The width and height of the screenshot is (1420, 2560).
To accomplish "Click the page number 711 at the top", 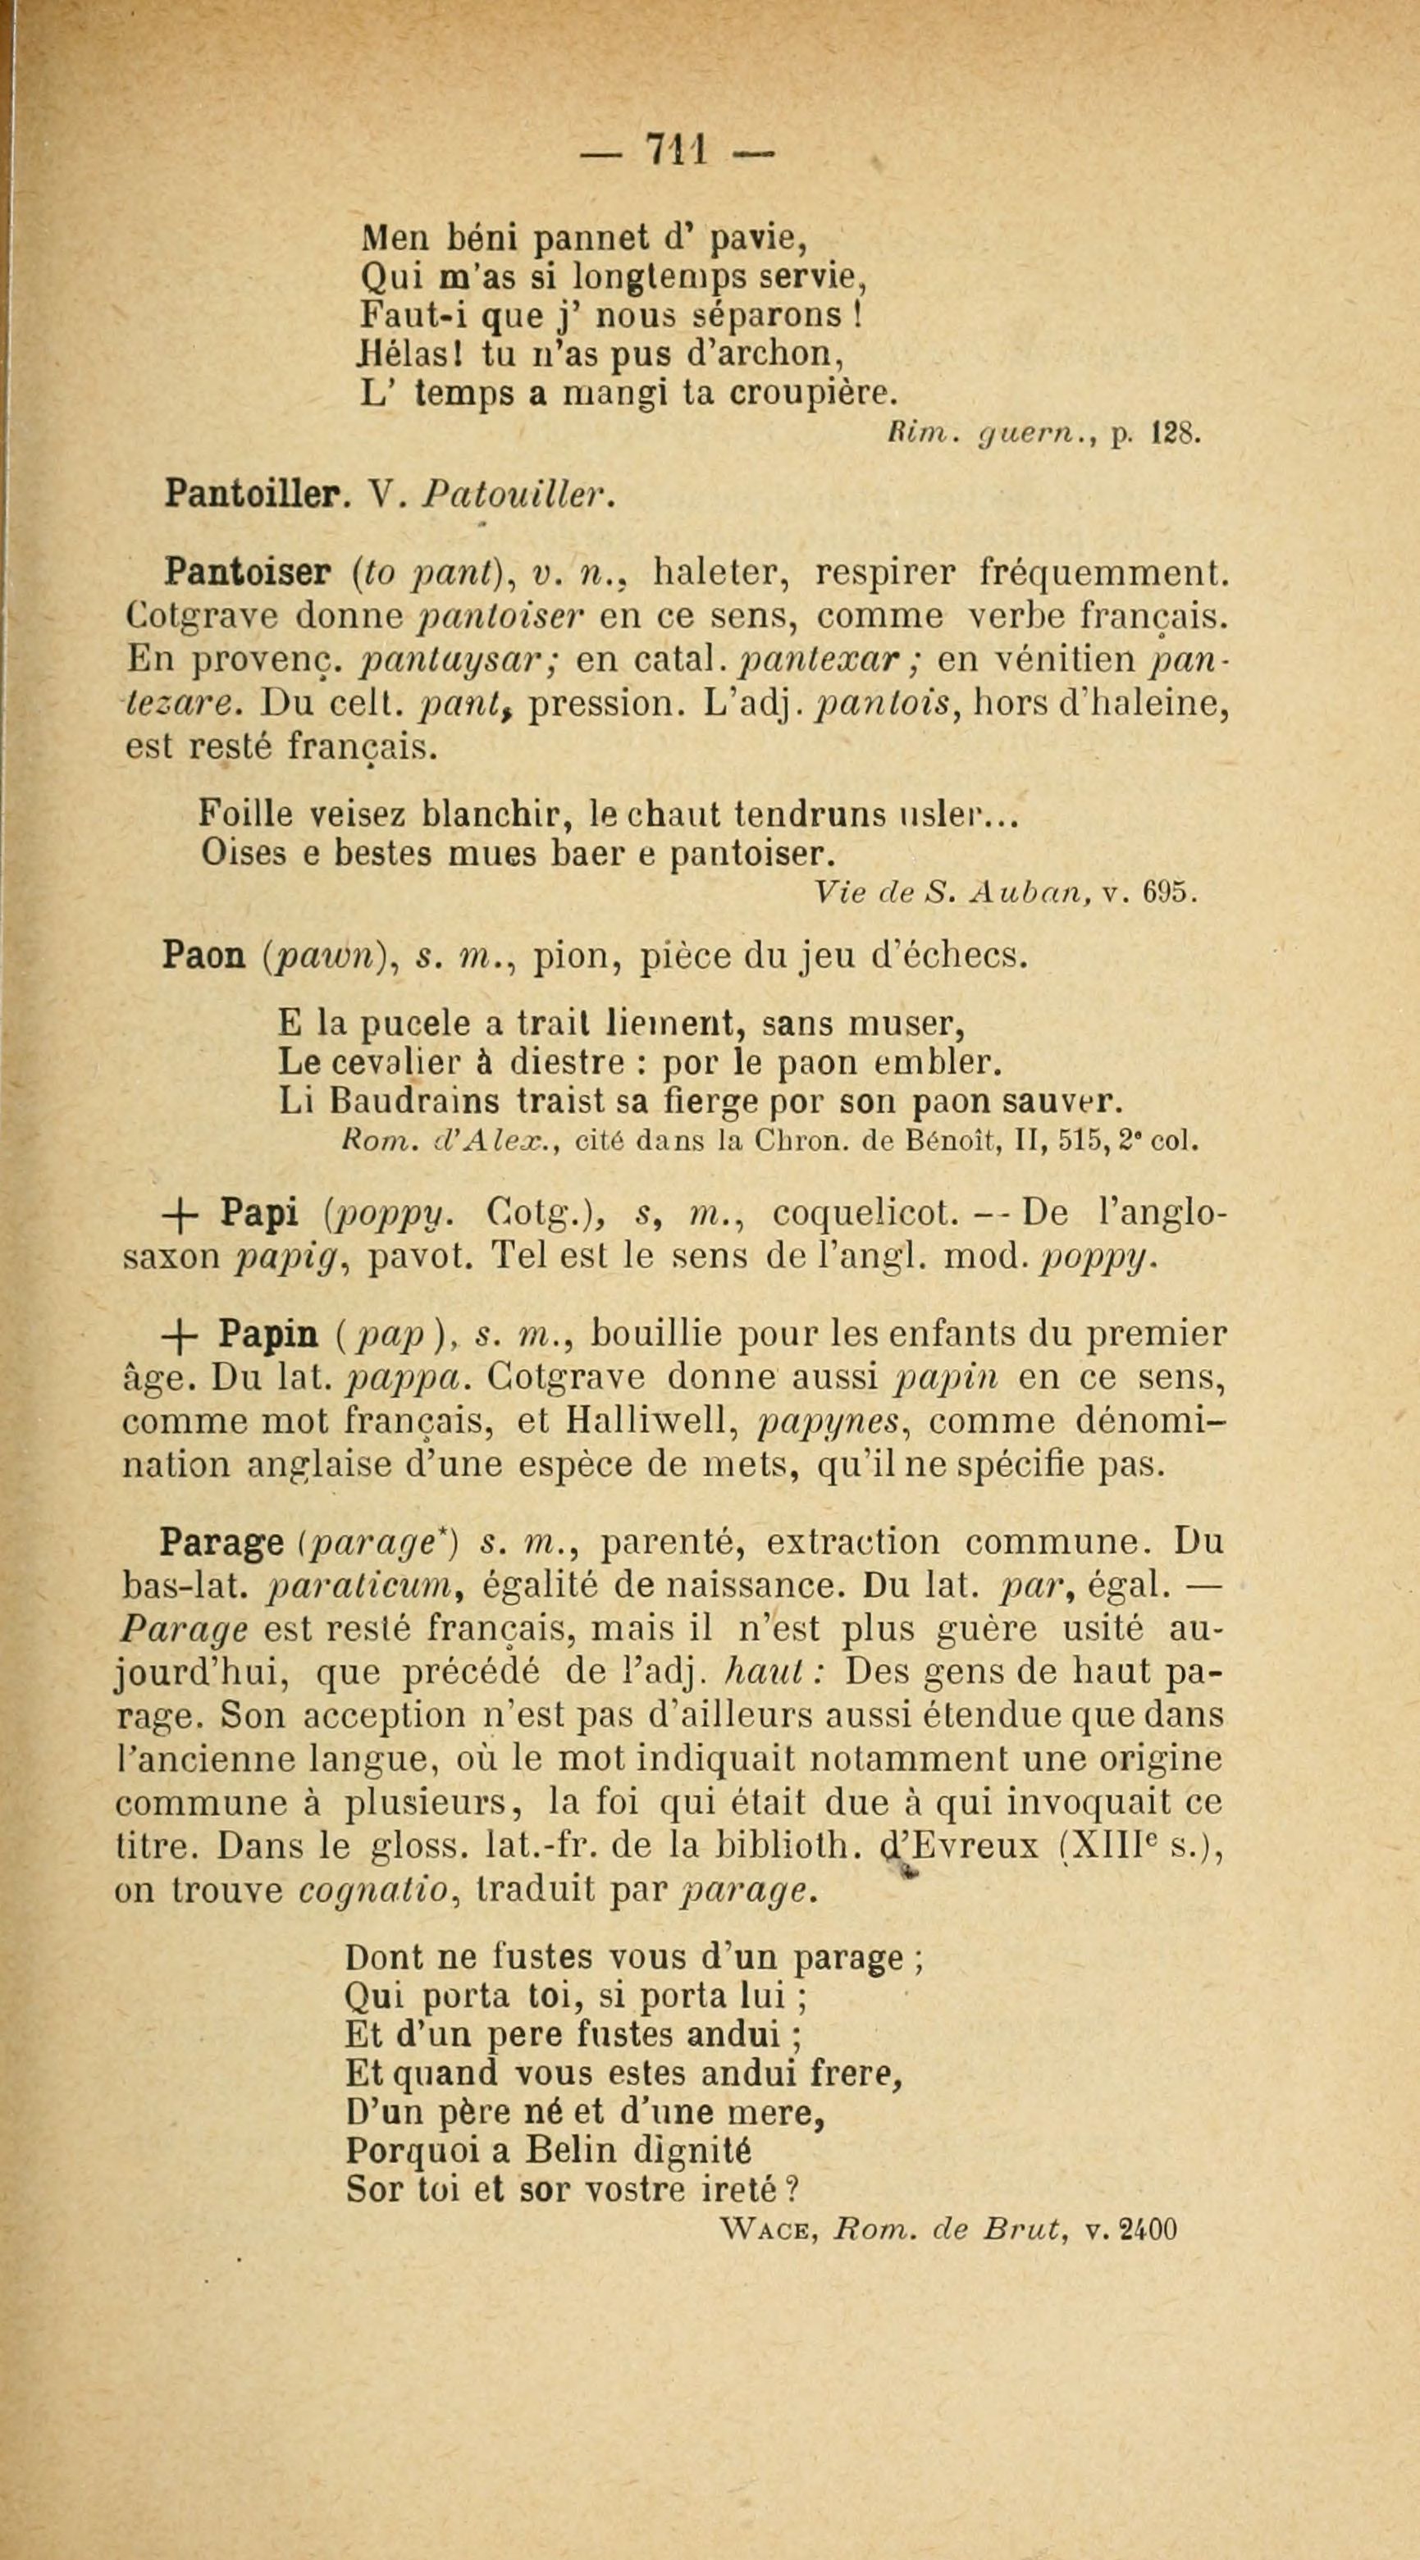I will [x=676, y=152].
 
